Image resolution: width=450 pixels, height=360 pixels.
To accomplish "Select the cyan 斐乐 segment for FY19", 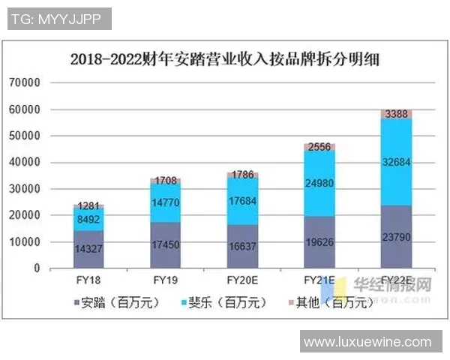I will [164, 202].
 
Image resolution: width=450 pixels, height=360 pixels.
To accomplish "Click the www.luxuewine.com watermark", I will [367, 342].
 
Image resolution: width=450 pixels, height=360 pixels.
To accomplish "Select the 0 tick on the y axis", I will [34, 268].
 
